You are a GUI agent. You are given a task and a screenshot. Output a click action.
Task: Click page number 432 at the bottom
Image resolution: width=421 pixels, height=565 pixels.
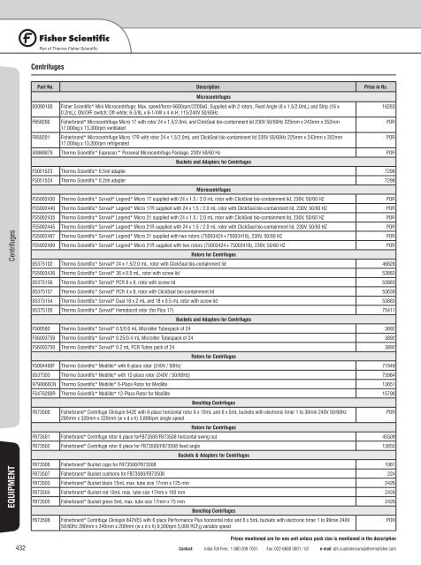(19, 548)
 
